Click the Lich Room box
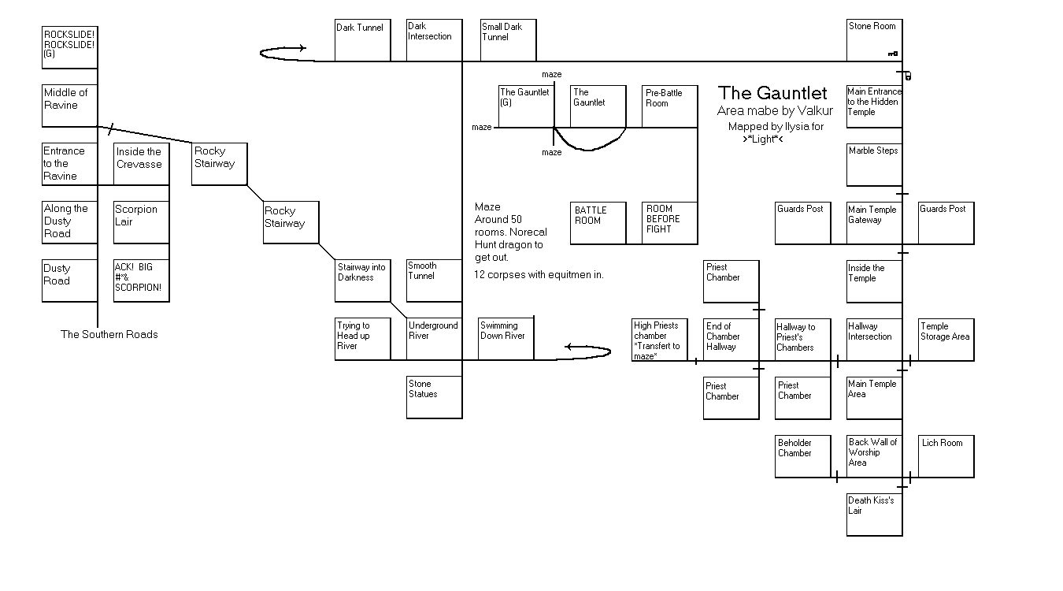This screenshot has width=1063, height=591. pos(946,455)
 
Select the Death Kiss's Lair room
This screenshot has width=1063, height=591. pos(874,515)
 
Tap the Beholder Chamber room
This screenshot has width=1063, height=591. pos(802,456)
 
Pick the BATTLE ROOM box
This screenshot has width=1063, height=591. pos(598,223)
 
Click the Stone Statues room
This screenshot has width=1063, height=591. pos(434,397)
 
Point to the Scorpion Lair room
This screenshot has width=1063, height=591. pos(141,223)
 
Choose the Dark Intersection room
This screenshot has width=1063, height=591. pos(434,40)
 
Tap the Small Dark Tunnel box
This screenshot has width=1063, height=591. pos(508,40)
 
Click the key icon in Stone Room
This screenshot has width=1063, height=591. pos(893,54)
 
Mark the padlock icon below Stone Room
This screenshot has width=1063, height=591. pos(908,76)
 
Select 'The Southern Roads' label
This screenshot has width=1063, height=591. pos(109,334)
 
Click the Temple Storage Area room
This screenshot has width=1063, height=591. pos(946,340)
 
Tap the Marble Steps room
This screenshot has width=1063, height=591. pos(874,165)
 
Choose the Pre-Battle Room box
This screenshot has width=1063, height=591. pos(669,106)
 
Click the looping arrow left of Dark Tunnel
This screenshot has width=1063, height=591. pos(283,53)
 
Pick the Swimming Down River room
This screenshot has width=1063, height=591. pos(506,339)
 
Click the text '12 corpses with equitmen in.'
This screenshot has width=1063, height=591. pos(539,275)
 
